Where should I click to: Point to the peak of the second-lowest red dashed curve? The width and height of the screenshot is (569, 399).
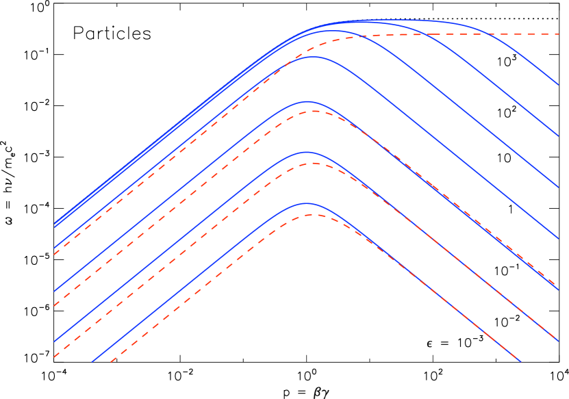[x=312, y=163]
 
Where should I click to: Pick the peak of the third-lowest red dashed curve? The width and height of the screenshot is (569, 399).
[x=312, y=111]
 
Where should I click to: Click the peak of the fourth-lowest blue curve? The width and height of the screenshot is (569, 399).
[x=312, y=56]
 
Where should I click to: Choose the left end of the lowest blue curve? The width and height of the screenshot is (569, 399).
[x=92, y=361]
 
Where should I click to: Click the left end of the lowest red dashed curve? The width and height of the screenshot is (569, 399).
[x=111, y=361]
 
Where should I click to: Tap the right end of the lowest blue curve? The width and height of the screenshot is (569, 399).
[x=520, y=361]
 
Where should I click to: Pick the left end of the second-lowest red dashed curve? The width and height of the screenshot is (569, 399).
[x=54, y=357]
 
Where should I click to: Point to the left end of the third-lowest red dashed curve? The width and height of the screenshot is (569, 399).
[x=54, y=305]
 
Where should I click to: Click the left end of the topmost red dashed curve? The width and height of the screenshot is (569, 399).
[x=54, y=255]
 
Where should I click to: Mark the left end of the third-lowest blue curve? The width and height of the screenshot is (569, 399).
[x=54, y=292]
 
